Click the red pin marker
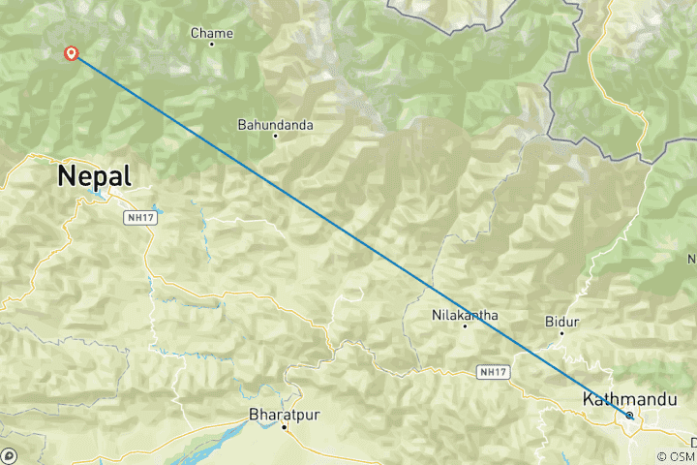click(71, 52)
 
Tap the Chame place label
click(211, 34)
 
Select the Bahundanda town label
click(275, 125)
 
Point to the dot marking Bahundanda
click(275, 136)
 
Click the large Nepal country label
click(94, 175)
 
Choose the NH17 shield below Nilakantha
click(491, 371)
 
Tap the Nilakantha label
click(464, 315)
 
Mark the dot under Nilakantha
click(465, 325)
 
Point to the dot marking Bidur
click(562, 331)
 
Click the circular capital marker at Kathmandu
click(629, 416)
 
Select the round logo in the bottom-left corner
click(9, 455)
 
